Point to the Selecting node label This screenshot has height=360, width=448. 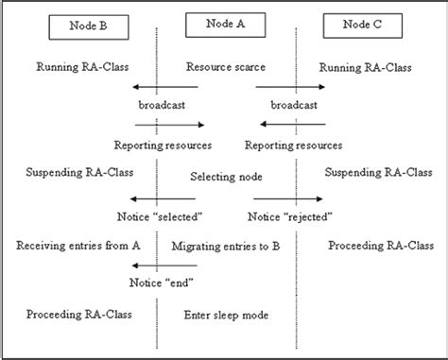(226, 177)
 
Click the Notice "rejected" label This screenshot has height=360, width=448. (289, 216)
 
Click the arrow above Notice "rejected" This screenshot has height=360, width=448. (289, 198)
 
